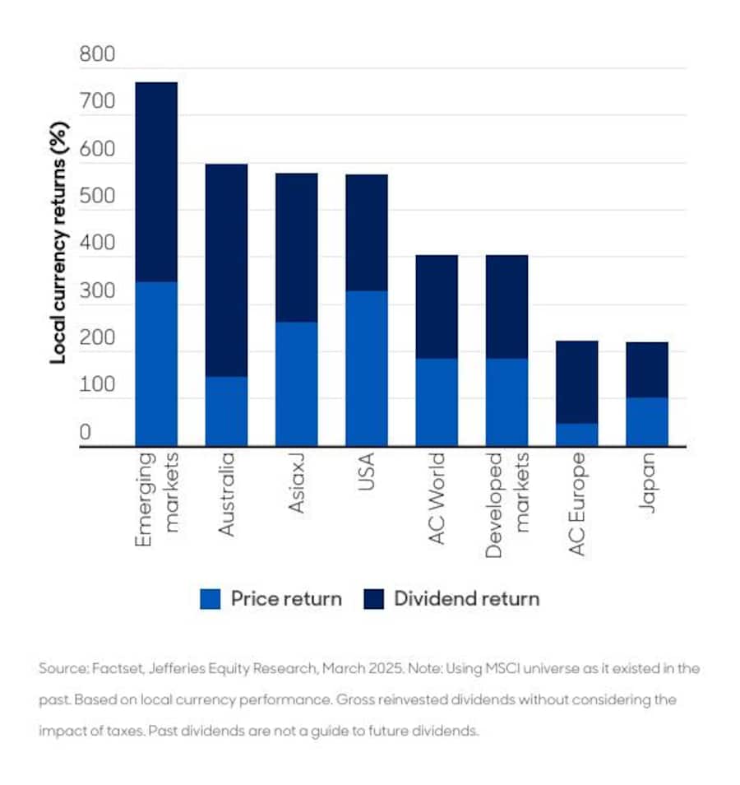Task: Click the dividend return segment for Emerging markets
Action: (156, 182)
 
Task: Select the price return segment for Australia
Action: (226, 411)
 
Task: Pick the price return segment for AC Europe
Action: (577, 434)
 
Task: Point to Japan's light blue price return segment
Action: (647, 420)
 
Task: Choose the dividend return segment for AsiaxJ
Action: (297, 247)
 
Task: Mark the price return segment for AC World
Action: (437, 402)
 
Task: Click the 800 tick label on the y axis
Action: (97, 56)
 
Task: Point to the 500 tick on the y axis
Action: (97, 197)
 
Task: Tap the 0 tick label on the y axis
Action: (86, 433)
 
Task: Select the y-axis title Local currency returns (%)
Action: (58, 243)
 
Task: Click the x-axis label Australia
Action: (226, 494)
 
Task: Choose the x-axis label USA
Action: (367, 472)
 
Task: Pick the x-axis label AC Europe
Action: (577, 503)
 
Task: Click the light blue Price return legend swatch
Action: (210, 599)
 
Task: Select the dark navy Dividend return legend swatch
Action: (373, 599)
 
